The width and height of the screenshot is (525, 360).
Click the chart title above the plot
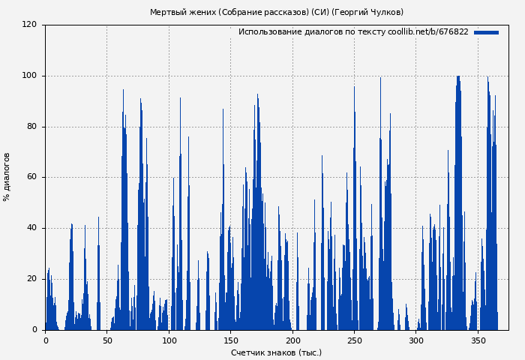[x=276, y=13]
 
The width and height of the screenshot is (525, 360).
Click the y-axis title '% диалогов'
[x=7, y=177]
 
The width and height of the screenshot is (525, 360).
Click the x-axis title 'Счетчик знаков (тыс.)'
[x=276, y=352]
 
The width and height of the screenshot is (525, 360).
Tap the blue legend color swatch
[x=486, y=32]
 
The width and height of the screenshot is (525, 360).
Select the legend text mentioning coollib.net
[x=353, y=32]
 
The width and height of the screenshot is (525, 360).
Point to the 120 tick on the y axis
[x=29, y=25]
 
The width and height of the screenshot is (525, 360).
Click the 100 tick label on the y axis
[x=29, y=76]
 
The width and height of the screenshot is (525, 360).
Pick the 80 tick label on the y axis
[x=31, y=127]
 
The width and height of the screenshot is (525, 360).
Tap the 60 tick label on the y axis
[x=31, y=178]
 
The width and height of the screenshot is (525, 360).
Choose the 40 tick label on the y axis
[x=31, y=228]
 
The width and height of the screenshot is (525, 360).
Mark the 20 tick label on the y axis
[x=31, y=279]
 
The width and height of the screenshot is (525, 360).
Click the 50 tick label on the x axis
[x=107, y=340]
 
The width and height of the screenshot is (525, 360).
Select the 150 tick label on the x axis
[x=230, y=340]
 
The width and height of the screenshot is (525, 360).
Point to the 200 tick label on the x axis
[x=292, y=340]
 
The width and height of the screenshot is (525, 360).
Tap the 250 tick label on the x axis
[x=354, y=340]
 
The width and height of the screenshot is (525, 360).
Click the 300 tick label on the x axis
[x=416, y=340]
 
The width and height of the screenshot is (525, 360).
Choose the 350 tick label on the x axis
[x=478, y=340]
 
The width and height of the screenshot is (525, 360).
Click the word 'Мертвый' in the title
[x=166, y=13]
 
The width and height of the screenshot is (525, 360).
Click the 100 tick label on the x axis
[x=169, y=340]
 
